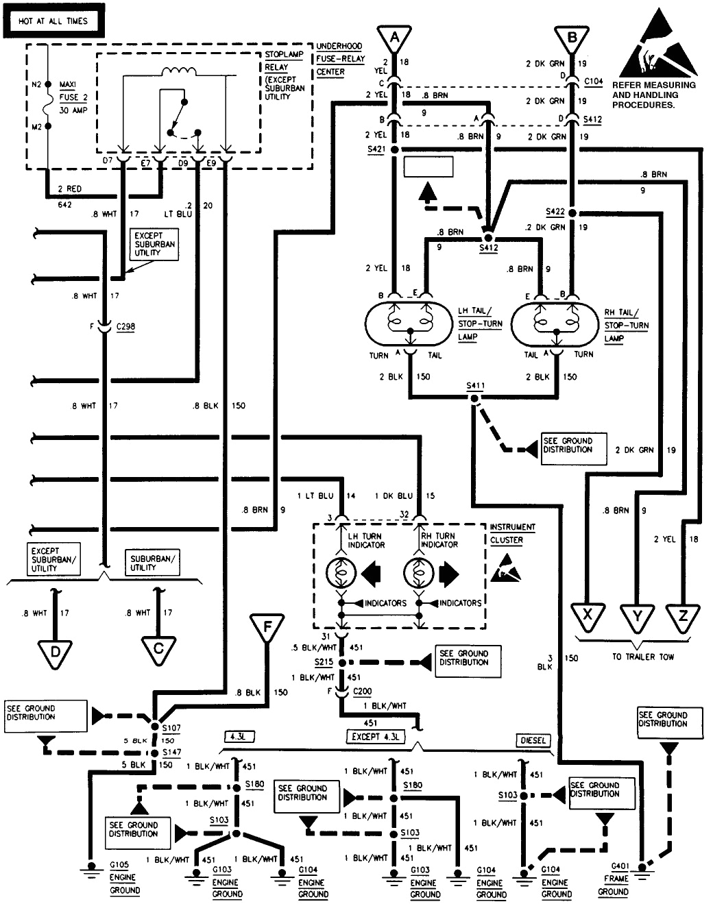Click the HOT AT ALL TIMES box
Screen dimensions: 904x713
53,21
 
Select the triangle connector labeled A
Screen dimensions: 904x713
394,37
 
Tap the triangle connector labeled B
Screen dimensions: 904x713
572,37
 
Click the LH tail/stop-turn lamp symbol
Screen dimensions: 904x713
409,323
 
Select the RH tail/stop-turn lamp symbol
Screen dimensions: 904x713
555,323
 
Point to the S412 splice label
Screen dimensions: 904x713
488,247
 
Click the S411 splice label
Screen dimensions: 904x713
475,386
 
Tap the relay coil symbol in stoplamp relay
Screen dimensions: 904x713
178,71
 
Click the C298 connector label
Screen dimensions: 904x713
125,327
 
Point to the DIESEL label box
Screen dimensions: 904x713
533,740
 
